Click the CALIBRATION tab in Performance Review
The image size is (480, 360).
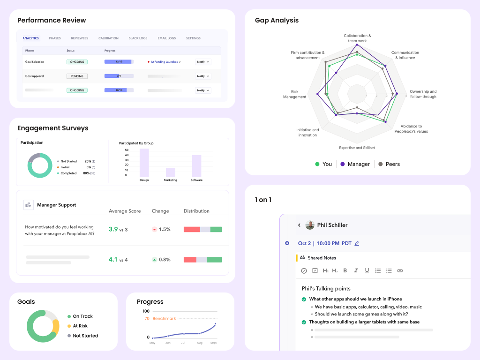tap(108, 38)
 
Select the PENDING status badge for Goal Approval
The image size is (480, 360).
tap(77, 76)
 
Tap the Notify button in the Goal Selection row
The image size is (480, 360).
tap(202, 62)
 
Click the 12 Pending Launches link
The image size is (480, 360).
tap(164, 62)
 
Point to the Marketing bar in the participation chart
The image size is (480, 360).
tap(171, 172)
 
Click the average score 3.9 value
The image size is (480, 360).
tap(113, 229)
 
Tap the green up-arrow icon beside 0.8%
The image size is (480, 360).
tap(154, 260)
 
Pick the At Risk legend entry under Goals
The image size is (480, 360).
tap(80, 326)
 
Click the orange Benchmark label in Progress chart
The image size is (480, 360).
tap(164, 319)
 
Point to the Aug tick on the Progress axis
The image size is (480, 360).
tap(200, 343)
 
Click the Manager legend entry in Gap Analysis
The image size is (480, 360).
tap(355, 164)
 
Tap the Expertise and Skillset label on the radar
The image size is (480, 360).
tap(357, 148)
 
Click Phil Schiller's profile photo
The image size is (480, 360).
tap(310, 225)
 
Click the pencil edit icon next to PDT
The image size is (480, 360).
tap(357, 243)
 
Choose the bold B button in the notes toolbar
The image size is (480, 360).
tap(345, 270)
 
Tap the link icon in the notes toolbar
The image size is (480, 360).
tap(400, 270)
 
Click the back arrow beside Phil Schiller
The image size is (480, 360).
tap(299, 225)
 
